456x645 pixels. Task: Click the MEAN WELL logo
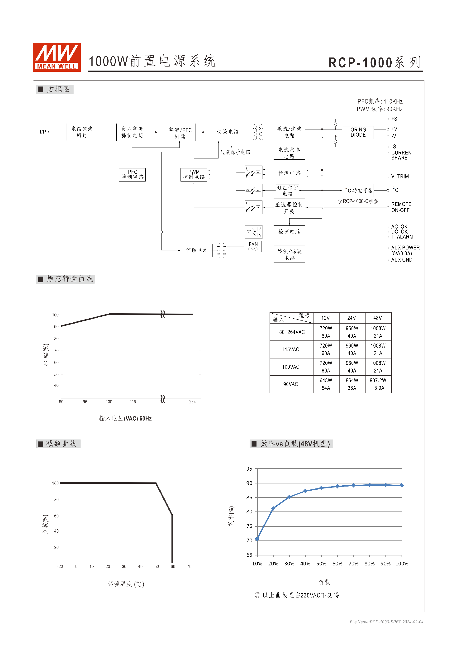click(x=57, y=57)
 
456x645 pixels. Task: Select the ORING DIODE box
click(x=358, y=132)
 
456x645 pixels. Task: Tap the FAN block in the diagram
click(x=253, y=247)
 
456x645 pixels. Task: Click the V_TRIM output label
click(x=400, y=177)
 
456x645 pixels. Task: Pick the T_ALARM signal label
click(x=402, y=237)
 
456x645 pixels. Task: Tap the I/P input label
click(x=43, y=132)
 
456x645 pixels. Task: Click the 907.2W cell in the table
click(x=378, y=380)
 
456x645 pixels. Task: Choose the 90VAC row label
click(x=291, y=384)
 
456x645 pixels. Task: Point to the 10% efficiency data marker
click(x=257, y=539)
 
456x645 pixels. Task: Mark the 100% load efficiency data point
click(x=402, y=485)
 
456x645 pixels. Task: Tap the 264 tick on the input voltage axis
click(x=192, y=402)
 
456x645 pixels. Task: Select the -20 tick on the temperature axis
click(x=60, y=566)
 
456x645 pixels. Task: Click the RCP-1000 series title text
click(x=375, y=62)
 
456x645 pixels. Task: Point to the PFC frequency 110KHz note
click(x=380, y=101)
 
